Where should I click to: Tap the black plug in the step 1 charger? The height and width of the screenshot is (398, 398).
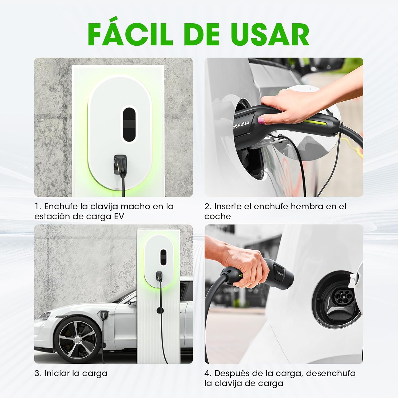120,163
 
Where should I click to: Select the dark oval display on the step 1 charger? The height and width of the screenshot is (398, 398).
129,124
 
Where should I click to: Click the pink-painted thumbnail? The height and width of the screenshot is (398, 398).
261,121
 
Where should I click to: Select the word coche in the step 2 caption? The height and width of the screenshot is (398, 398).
218,217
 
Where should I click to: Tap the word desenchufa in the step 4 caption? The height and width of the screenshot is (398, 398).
331,373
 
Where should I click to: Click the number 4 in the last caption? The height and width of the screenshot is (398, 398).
207,373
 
